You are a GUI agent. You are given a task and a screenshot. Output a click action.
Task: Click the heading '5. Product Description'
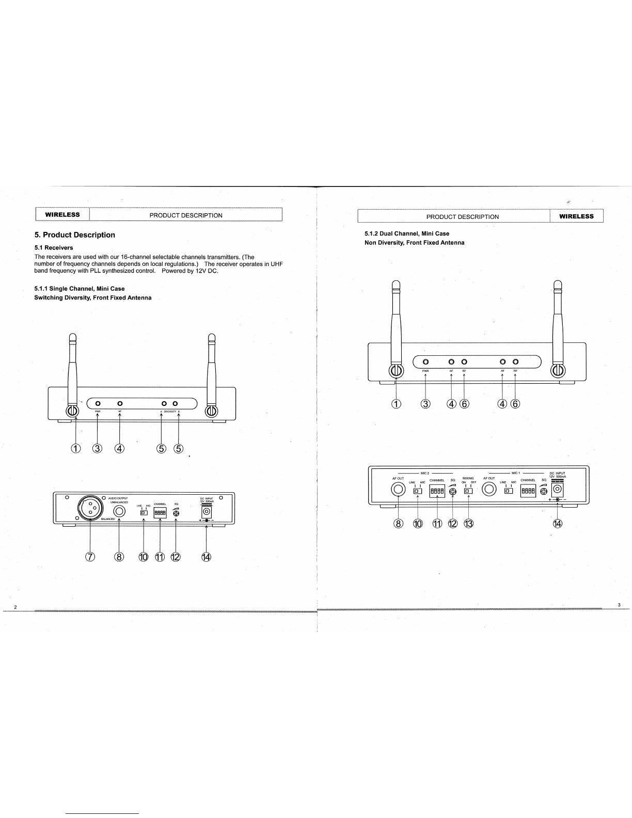pyautogui.click(x=74, y=235)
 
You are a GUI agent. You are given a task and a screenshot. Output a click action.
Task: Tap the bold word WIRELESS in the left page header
pyautogui.click(x=62, y=215)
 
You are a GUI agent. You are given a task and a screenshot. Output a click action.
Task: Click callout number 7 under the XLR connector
pyautogui.click(x=90, y=557)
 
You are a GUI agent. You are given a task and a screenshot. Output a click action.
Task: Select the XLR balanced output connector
pyautogui.click(x=90, y=509)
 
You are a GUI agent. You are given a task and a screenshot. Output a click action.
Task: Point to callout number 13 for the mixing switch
pyautogui.click(x=469, y=524)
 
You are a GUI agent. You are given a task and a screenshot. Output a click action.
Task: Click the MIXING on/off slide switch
pyautogui.click(x=468, y=491)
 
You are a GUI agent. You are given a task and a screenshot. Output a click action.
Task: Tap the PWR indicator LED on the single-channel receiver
pyautogui.click(x=98, y=403)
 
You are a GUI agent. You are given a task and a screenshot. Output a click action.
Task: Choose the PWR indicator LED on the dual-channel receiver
pyautogui.click(x=425, y=362)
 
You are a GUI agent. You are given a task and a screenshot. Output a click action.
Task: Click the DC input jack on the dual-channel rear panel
pyautogui.click(x=558, y=489)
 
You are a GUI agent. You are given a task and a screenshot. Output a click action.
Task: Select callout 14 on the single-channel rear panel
pyautogui.click(x=207, y=557)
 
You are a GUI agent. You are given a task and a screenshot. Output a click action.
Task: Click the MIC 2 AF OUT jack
pyautogui.click(x=399, y=490)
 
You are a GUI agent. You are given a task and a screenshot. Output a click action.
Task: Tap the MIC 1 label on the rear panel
pyautogui.click(x=515, y=473)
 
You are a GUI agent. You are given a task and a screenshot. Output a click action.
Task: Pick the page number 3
pyautogui.click(x=619, y=605)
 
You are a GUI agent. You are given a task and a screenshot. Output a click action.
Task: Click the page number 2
pyautogui.click(x=15, y=606)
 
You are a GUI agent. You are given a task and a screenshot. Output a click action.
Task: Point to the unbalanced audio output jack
pyautogui.click(x=119, y=512)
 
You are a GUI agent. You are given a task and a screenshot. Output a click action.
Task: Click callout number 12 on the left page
pyautogui.click(x=176, y=557)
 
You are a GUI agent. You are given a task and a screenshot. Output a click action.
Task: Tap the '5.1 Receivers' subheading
pyautogui.click(x=54, y=248)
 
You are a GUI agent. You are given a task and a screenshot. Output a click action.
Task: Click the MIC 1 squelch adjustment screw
pyautogui.click(x=543, y=492)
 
